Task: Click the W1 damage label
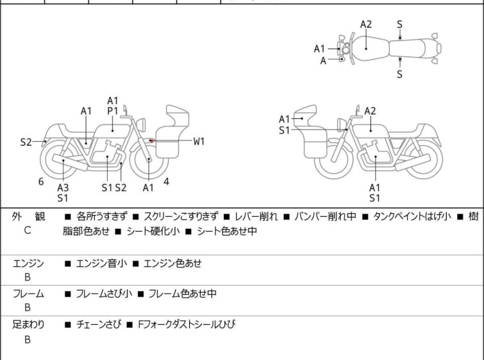click(199, 141)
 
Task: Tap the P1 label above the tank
click(112, 111)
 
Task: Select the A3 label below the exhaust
click(63, 187)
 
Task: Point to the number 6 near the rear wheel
click(41, 182)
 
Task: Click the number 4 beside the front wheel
click(166, 182)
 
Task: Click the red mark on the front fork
click(149, 141)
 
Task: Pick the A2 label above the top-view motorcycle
click(365, 24)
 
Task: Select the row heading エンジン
click(28, 262)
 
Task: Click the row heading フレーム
click(28, 294)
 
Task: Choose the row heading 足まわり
click(28, 325)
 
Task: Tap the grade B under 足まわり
click(28, 339)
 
